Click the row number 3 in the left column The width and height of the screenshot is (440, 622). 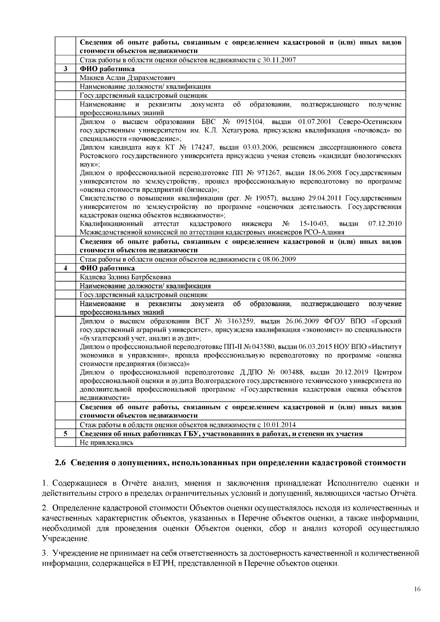(x=65, y=69)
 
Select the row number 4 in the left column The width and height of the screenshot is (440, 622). (x=65, y=268)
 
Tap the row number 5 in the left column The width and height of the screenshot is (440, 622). (x=65, y=434)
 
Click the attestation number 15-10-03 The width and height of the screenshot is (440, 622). (x=314, y=224)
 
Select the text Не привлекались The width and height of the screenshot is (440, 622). (x=107, y=443)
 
